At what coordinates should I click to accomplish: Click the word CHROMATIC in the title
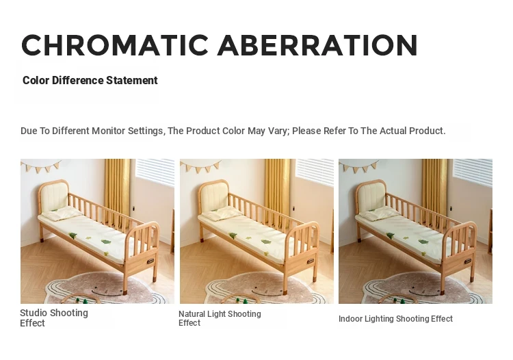[x=115, y=45]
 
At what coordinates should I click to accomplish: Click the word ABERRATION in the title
[x=317, y=45]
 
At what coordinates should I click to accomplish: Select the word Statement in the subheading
[x=132, y=80]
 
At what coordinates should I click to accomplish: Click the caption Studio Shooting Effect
[x=54, y=318]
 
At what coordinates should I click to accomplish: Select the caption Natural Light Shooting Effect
[x=220, y=318]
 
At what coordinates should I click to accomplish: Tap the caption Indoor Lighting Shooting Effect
[x=395, y=319]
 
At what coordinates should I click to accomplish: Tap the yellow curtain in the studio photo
[x=118, y=190]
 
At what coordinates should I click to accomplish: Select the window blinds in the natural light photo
[x=315, y=172]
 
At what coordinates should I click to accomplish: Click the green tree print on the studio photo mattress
[x=106, y=242]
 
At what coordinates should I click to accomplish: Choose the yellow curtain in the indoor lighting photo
[x=435, y=190]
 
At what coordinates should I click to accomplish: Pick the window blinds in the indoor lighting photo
[x=473, y=172]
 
